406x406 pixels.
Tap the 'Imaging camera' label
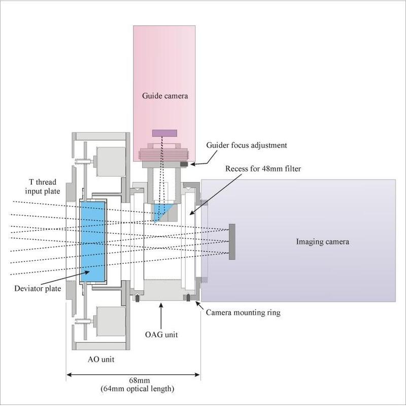point(322,242)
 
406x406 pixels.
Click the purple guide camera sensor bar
point(165,133)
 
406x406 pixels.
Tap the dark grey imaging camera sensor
point(232,242)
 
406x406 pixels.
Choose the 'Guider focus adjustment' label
point(247,145)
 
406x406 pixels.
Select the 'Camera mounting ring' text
point(243,313)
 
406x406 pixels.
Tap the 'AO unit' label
point(101,359)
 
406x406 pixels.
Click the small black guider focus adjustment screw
point(186,163)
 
